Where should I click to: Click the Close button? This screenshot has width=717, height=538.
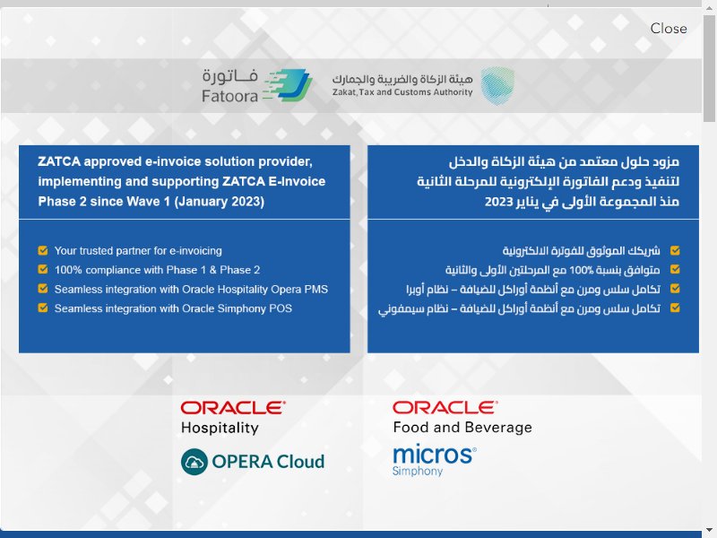point(668,29)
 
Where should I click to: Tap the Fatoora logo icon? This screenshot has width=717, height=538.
point(288,85)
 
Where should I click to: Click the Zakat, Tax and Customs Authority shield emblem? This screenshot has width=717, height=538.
point(497,85)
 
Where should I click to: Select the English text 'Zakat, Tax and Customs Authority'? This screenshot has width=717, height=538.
point(402,92)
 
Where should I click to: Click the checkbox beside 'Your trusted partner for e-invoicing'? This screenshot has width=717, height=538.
point(43,250)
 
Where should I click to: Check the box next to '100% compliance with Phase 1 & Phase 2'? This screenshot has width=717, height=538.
point(43,270)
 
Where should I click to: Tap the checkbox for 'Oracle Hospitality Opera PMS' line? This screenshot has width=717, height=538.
point(43,289)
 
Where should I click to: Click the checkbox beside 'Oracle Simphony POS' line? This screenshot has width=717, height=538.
point(43,308)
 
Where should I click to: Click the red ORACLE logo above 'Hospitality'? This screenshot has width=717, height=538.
point(233,408)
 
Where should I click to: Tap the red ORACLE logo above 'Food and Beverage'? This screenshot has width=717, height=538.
point(445,408)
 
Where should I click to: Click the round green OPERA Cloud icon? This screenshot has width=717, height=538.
point(194,462)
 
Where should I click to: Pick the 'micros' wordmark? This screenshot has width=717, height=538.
point(435,455)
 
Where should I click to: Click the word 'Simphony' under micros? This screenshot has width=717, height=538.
point(418,472)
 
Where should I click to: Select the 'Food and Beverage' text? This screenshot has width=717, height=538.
point(462,428)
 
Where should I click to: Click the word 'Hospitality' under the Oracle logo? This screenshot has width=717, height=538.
point(220,429)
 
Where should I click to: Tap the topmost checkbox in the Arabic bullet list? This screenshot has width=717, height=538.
point(675,250)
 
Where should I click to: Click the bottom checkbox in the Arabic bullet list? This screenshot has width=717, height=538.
point(675,308)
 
